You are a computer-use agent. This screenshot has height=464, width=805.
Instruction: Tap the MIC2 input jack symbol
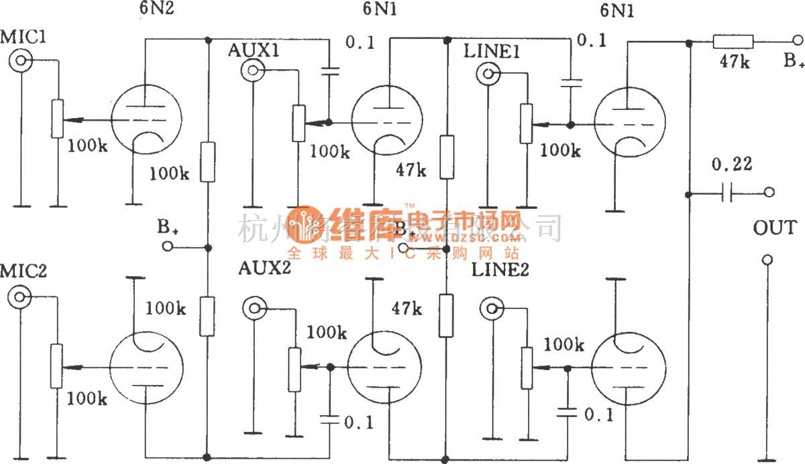pyautogui.click(x=21, y=296)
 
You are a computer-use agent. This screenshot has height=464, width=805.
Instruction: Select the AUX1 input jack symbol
pyautogui.click(x=254, y=68)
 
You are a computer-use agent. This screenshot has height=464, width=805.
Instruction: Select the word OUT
pyautogui.click(x=774, y=228)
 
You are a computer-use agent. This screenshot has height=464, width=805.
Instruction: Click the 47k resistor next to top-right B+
pyautogui.click(x=733, y=43)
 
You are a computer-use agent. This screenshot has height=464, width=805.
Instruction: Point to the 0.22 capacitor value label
pyautogui.click(x=732, y=164)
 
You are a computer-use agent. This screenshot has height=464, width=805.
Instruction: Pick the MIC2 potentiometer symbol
pyautogui.click(x=57, y=366)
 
